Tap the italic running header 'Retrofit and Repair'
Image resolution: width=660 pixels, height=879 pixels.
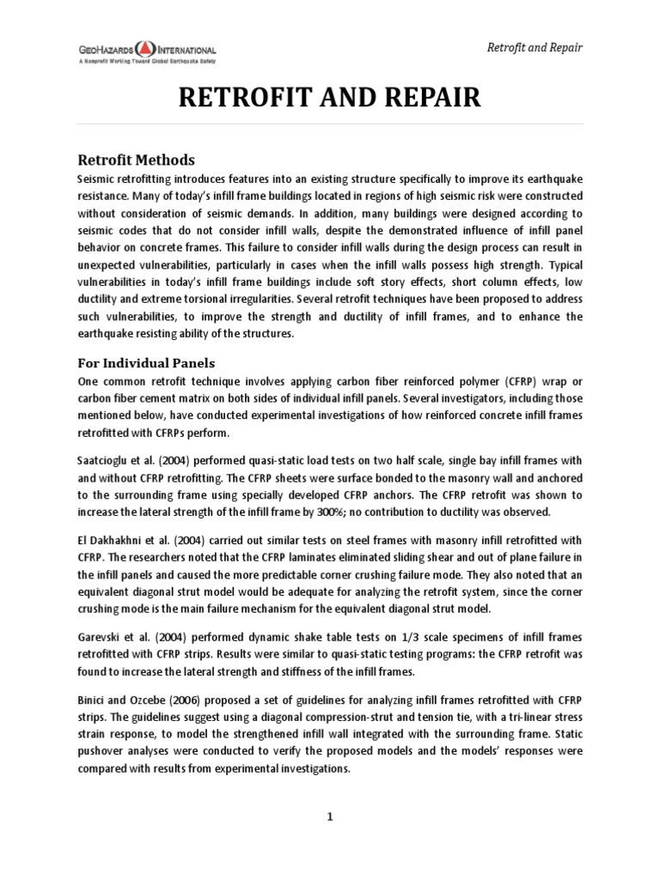535,46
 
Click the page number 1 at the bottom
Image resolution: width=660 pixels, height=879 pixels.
329,816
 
